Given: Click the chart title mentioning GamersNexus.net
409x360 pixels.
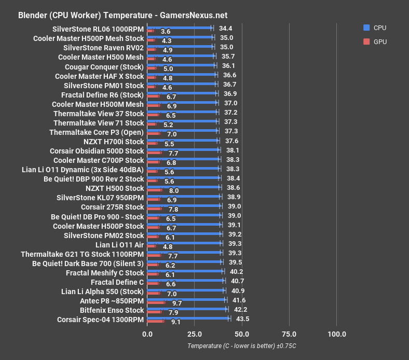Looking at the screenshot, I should click(122, 15).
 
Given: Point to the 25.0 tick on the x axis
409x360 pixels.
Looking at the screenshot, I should click(195, 334).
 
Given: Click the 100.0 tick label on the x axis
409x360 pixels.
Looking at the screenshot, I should click(337, 334).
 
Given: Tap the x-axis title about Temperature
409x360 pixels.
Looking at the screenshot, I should click(241, 346).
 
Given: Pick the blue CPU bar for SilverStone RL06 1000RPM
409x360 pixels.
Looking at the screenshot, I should click(180, 27).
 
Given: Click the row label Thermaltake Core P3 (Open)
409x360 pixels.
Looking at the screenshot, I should click(97, 132).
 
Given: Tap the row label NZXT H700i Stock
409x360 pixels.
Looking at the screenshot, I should click(114, 142).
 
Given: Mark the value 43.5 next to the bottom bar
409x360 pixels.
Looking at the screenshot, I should click(242, 319).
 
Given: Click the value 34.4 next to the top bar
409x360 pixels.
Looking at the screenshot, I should click(225, 28).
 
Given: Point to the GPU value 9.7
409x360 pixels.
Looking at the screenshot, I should click(176, 303).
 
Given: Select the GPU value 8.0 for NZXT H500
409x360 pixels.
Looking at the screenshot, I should click(174, 191).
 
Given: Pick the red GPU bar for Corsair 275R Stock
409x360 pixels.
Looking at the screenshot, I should click(154, 210).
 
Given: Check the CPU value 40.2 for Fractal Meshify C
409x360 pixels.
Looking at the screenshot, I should click(237, 271).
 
